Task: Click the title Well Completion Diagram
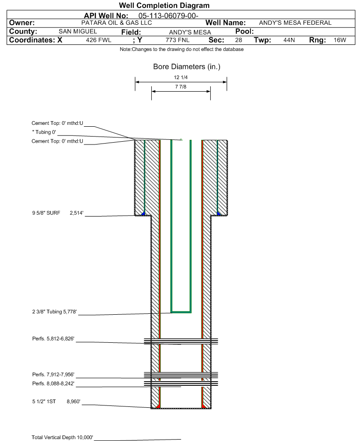coord(164,6)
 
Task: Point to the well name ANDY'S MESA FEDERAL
coord(295,23)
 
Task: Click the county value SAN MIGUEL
coord(78,31)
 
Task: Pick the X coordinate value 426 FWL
coord(99,40)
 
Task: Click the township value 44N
coord(289,40)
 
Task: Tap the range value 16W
coord(339,40)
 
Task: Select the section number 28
coord(238,40)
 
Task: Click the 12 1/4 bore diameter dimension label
coord(181,78)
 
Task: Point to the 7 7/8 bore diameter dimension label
coord(181,87)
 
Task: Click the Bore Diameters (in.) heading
coord(186,67)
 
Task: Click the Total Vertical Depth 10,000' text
coord(62,437)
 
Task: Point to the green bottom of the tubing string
coord(181,311)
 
